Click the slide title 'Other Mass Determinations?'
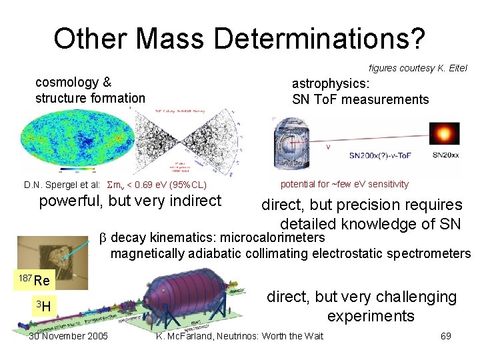point(239,39)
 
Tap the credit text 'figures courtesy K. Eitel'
point(417,68)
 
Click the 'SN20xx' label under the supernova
point(445,155)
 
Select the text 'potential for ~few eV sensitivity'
point(344,184)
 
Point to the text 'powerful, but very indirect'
point(130,201)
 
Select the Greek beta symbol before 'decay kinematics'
point(103,238)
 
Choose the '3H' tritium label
point(43,306)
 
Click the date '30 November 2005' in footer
point(68,336)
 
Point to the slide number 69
point(445,336)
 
